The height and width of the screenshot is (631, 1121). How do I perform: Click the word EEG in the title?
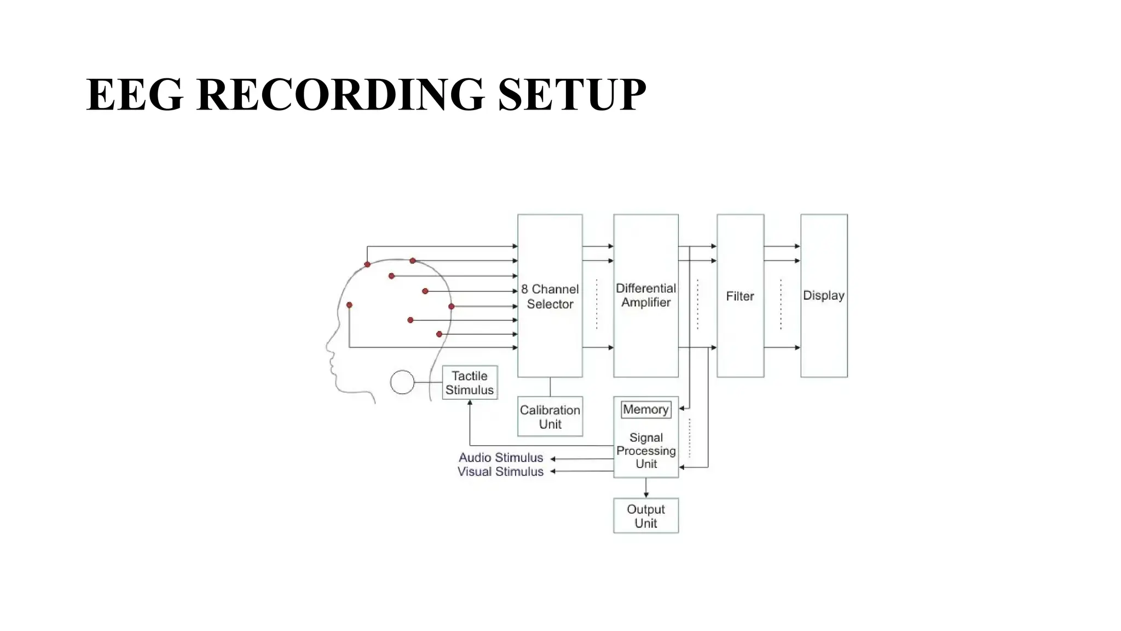pos(134,94)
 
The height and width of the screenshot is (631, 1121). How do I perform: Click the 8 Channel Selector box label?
pos(550,296)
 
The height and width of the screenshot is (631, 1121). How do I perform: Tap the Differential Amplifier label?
pos(645,295)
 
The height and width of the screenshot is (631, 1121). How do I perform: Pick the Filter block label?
pos(739,296)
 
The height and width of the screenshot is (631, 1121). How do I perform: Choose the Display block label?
pos(823,295)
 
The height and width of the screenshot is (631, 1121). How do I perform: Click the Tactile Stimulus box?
pos(470,382)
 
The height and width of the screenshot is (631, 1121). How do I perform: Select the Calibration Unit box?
pos(550,416)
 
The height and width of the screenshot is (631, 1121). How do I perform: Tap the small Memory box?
pos(645,409)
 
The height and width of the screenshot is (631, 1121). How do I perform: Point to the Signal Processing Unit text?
pos(645,450)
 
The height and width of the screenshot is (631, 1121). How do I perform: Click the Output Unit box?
pos(645,515)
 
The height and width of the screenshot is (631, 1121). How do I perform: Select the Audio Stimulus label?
pos(500,457)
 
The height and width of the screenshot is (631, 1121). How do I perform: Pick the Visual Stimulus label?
pos(500,472)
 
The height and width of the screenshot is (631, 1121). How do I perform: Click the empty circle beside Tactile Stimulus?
pos(402,382)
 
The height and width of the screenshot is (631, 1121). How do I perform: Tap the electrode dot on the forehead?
pos(349,305)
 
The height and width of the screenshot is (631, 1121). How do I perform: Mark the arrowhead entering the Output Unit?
pos(646,495)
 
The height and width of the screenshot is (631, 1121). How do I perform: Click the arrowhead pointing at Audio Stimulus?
pos(553,459)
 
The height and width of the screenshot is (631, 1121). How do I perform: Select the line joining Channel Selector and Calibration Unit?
pos(550,387)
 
